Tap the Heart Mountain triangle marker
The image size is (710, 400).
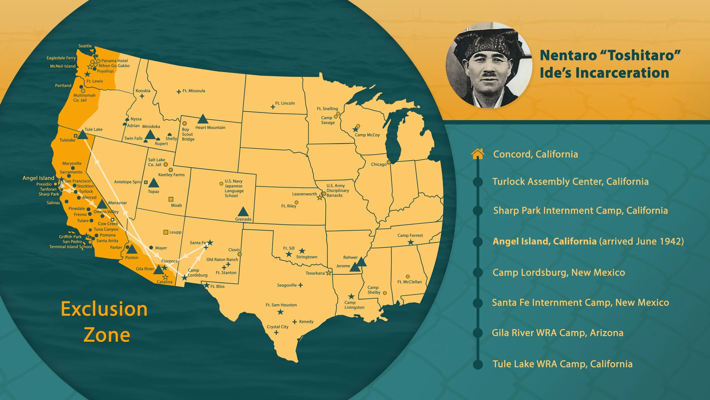[202, 119]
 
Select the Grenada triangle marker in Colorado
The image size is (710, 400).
[243, 212]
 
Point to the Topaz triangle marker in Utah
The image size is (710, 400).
[153, 183]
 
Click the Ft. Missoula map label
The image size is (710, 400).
[194, 91]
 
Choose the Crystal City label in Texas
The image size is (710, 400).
[277, 327]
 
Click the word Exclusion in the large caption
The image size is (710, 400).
[104, 309]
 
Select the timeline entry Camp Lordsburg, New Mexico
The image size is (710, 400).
[559, 273]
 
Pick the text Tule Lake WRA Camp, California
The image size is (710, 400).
[562, 364]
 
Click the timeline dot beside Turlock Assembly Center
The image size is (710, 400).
[478, 182]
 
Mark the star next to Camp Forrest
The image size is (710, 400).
[411, 242]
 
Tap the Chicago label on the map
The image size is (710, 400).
[379, 164]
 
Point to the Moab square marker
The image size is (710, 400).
[171, 199]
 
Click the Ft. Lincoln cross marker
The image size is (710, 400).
[273, 107]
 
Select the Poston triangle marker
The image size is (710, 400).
[131, 249]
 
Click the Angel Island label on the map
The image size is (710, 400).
[38, 178]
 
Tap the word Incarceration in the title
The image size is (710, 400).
[604, 73]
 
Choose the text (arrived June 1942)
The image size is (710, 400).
[642, 241]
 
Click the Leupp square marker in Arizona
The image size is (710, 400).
[166, 232]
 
